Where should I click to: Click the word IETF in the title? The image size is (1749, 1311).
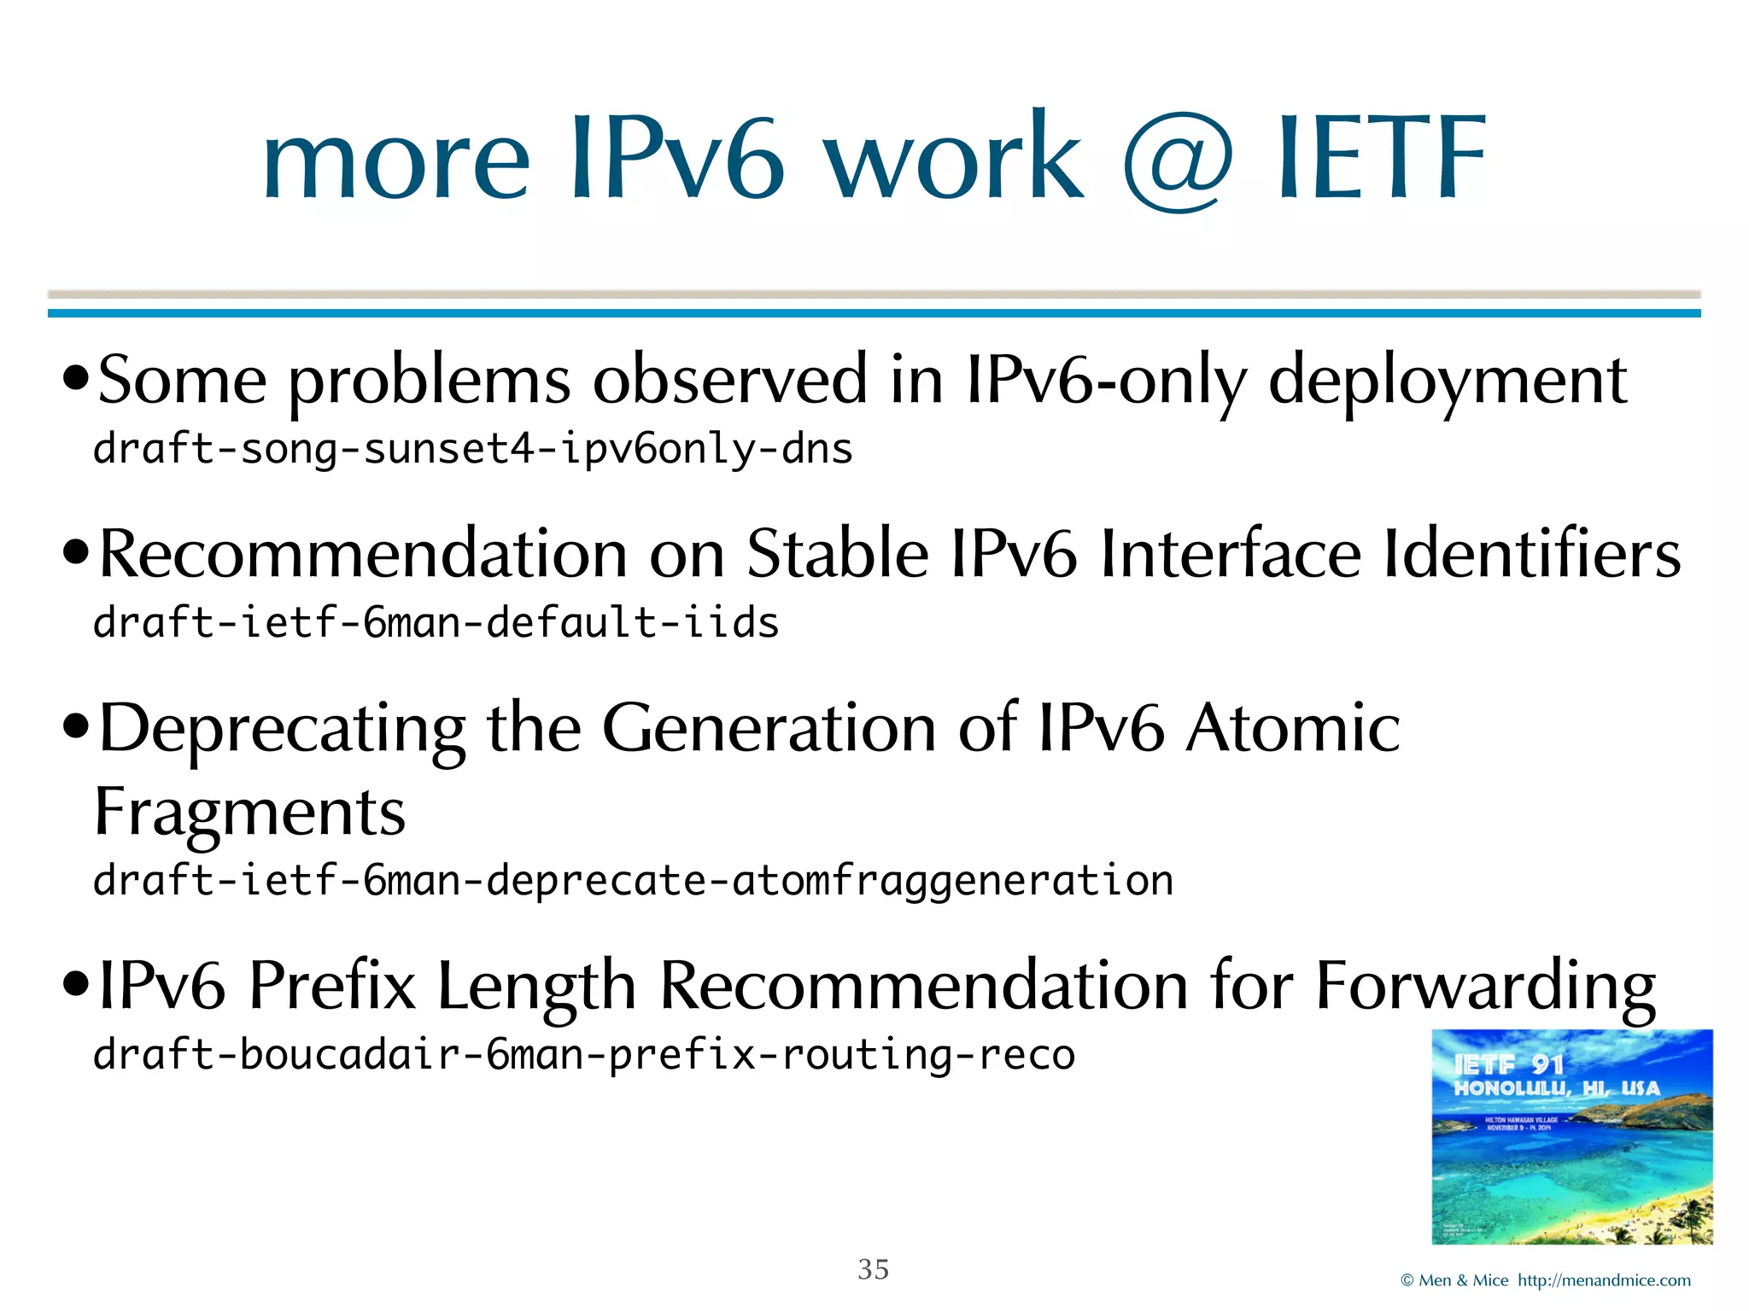pyautogui.click(x=1381, y=159)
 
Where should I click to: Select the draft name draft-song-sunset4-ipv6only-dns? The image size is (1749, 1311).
pyautogui.click(x=472, y=449)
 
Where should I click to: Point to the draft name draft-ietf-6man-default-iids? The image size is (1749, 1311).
pyautogui.click(x=436, y=622)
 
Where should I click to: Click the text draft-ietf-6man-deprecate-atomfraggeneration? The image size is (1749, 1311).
pyautogui.click(x=633, y=880)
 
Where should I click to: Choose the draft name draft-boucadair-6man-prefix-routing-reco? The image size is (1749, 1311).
pyautogui.click(x=583, y=1054)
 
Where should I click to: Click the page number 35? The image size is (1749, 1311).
pyautogui.click(x=873, y=1269)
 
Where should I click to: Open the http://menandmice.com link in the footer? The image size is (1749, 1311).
pyautogui.click(x=1604, y=1280)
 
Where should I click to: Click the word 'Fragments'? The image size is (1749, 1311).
pyautogui.click(x=249, y=812)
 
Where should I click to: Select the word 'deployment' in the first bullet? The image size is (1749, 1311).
pyautogui.click(x=1448, y=381)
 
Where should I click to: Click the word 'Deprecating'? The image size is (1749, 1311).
pyautogui.click(x=282, y=729)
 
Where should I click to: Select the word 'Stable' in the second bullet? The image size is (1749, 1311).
pyautogui.click(x=837, y=554)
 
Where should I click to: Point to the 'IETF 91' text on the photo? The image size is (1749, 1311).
pyautogui.click(x=1508, y=1064)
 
